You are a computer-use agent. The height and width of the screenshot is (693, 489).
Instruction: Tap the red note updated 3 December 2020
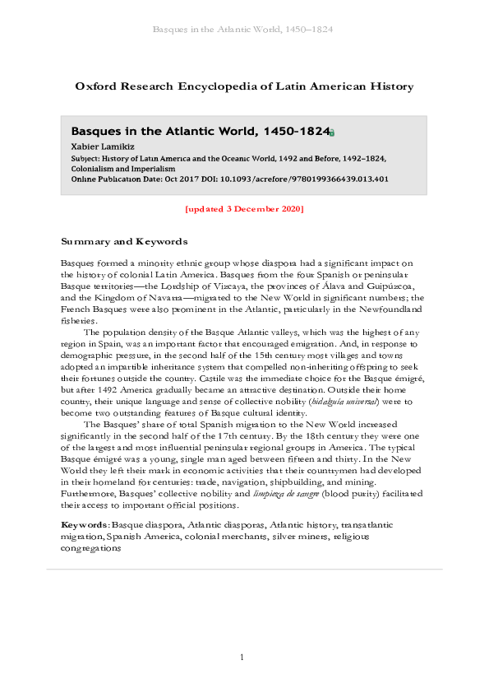coord(244,208)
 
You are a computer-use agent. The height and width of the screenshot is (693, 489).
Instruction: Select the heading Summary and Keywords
coord(124,242)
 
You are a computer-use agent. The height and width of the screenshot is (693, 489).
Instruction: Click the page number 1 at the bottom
coord(243,657)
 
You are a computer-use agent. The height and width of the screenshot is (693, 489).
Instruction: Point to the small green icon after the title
coord(332,133)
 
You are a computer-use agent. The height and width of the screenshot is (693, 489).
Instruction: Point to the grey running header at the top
coord(243,30)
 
